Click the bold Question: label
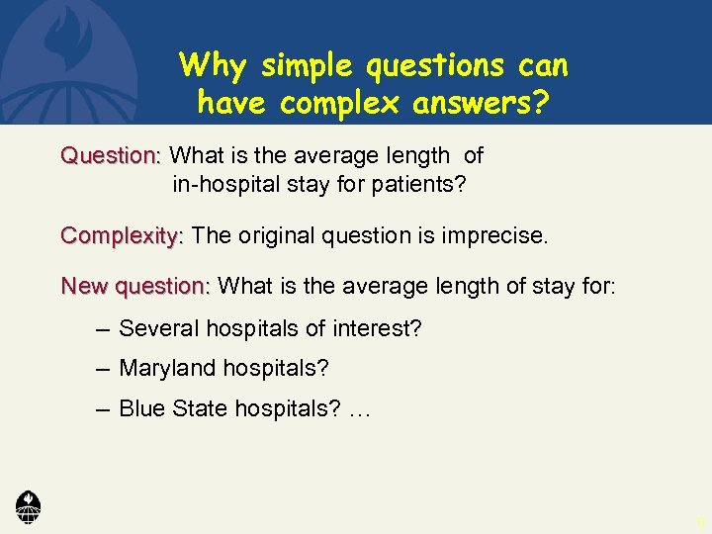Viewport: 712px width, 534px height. [x=110, y=156]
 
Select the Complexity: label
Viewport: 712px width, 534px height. [x=122, y=236]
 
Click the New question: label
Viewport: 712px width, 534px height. [x=135, y=287]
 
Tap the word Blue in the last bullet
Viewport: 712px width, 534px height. [x=139, y=409]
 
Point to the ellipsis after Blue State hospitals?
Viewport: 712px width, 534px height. [x=359, y=411]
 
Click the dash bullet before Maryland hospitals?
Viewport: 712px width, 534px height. [x=104, y=369]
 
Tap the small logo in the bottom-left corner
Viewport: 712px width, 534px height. [x=29, y=505]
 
